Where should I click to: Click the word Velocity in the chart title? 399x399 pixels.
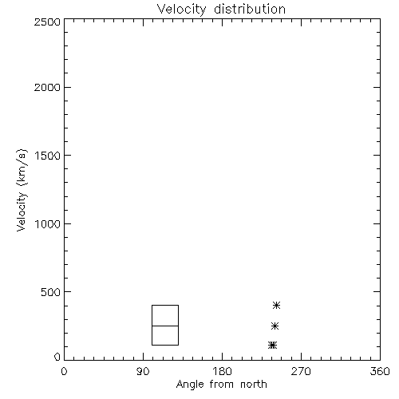click(182, 10)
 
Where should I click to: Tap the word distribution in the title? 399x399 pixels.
click(250, 9)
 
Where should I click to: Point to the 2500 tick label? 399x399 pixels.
click(47, 22)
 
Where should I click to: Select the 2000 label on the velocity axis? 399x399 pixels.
click(47, 87)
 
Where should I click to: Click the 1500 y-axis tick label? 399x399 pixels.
click(48, 156)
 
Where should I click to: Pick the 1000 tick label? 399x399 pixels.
click(48, 224)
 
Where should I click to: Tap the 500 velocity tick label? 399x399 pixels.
click(51, 292)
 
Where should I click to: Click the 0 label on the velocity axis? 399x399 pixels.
click(57, 357)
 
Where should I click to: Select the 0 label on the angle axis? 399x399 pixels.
click(64, 371)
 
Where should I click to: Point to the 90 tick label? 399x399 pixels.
click(143, 371)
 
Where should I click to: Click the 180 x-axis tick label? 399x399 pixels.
click(222, 371)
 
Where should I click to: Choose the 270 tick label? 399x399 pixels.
click(301, 371)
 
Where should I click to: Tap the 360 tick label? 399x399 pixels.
click(380, 371)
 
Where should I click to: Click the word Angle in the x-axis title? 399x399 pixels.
click(190, 385)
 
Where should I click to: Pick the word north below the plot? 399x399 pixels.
click(254, 384)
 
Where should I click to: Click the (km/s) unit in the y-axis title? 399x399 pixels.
click(22, 168)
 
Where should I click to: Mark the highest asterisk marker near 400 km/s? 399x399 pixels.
click(277, 305)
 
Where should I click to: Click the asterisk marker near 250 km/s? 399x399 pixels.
click(275, 326)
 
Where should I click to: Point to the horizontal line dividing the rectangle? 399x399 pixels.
click(165, 326)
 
